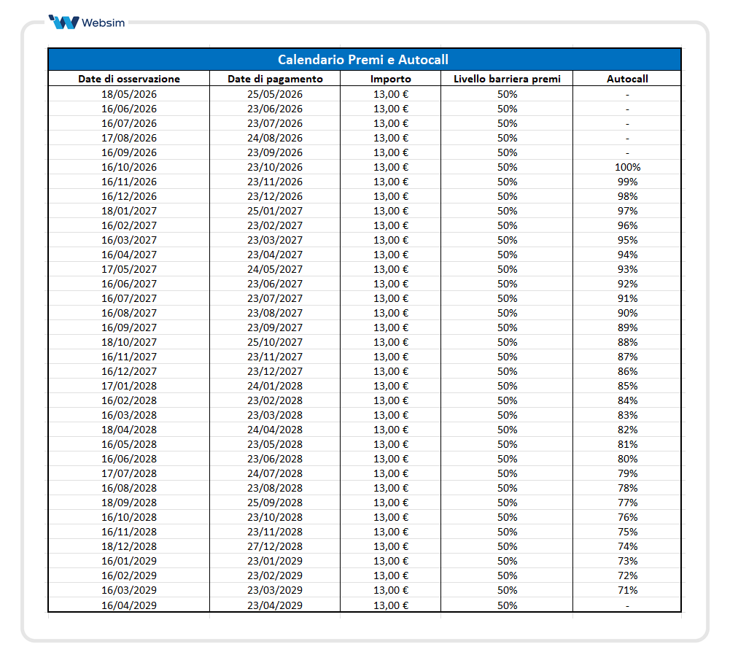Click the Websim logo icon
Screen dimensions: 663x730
(63, 22)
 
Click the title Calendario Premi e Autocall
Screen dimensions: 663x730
(363, 59)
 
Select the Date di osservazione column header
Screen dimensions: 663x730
(129, 79)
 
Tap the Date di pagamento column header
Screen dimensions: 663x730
(274, 79)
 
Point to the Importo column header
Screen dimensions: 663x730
(390, 79)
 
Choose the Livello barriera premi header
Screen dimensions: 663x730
(507, 79)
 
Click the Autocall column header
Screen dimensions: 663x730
(627, 79)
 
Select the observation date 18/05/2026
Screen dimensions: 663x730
(129, 94)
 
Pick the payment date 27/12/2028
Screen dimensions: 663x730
(274, 546)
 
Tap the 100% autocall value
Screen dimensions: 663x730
(627, 167)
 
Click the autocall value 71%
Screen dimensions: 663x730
(627, 590)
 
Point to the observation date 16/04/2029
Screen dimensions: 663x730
(129, 605)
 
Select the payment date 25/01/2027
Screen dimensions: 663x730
(274, 211)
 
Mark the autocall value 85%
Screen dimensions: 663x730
(627, 386)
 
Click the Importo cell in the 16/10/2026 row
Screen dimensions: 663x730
(391, 167)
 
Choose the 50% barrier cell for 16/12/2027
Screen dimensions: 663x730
(507, 371)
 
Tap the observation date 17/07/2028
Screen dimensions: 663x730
(129, 473)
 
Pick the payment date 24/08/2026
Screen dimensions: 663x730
(274, 138)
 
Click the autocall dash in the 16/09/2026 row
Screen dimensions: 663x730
(627, 152)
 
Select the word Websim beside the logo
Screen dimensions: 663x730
(104, 23)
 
